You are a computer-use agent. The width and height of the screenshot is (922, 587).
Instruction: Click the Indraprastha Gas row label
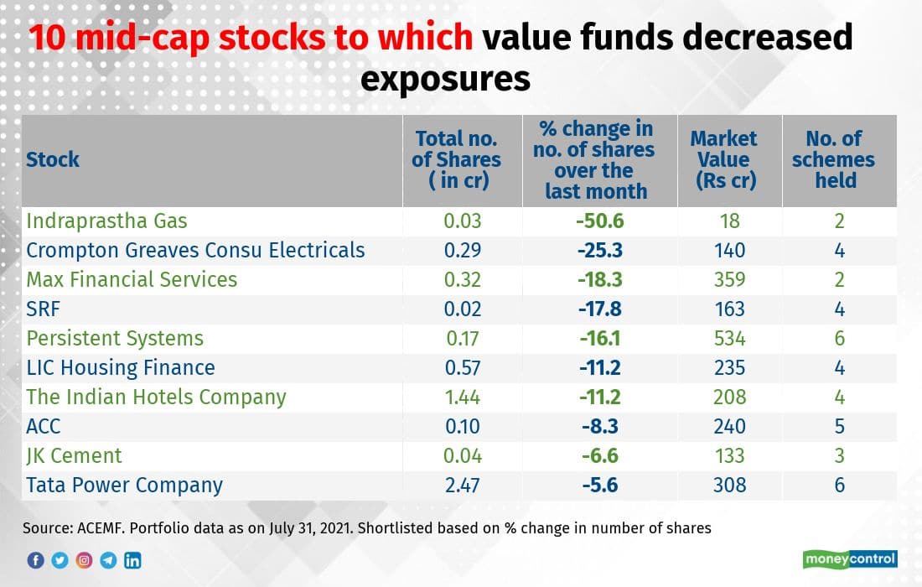click(106, 221)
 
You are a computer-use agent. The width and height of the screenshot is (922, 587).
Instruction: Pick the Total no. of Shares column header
click(456, 159)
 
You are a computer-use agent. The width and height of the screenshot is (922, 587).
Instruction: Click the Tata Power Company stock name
click(124, 486)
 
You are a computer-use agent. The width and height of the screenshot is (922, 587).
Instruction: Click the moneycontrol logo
click(850, 558)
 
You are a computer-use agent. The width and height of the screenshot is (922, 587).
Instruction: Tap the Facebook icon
click(35, 560)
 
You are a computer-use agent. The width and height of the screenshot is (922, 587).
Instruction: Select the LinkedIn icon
click(132, 560)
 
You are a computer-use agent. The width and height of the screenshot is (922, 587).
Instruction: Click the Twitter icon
click(60, 560)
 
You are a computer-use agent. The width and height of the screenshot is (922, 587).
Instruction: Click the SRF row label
click(43, 309)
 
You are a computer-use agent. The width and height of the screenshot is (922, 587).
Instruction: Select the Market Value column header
click(723, 159)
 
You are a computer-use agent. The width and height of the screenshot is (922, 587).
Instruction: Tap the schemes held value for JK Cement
click(839, 456)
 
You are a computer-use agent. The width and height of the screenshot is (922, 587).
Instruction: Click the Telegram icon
click(108, 560)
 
